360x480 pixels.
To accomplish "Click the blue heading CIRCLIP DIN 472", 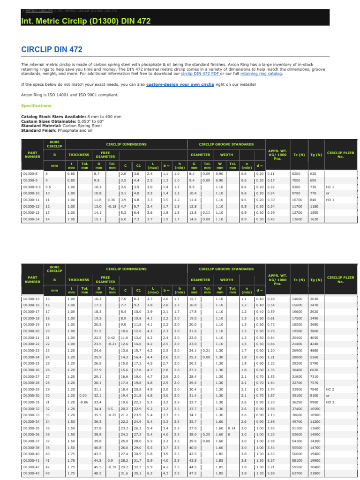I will (x=52, y=49).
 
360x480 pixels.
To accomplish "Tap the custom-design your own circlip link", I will (x=180, y=84).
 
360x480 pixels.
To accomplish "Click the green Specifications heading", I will (x=36, y=106).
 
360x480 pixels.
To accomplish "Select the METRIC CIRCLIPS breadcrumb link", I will (x=38, y=9).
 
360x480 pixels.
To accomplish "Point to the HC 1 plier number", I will (x=330, y=187).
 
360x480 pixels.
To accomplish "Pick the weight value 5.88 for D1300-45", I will (x=272, y=473).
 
